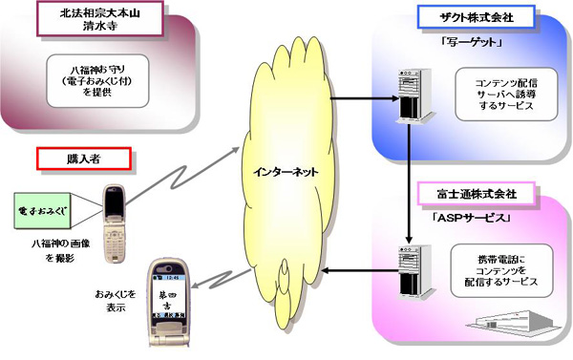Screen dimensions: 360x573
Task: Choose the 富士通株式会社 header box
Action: (x=467, y=194)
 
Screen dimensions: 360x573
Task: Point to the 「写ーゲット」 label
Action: (x=468, y=45)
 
